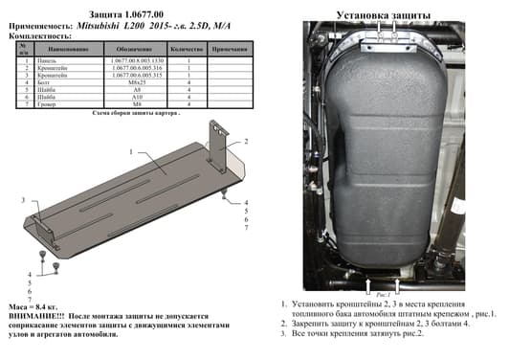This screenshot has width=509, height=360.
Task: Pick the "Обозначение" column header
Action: [137, 47]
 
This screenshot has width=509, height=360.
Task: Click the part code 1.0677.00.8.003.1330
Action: [137, 59]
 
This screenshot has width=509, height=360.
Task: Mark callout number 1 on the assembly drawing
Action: [130, 153]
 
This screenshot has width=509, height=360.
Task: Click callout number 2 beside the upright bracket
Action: [247, 141]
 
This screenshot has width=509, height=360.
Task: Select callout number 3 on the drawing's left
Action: [21, 198]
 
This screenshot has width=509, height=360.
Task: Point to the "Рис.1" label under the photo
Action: [382, 294]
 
